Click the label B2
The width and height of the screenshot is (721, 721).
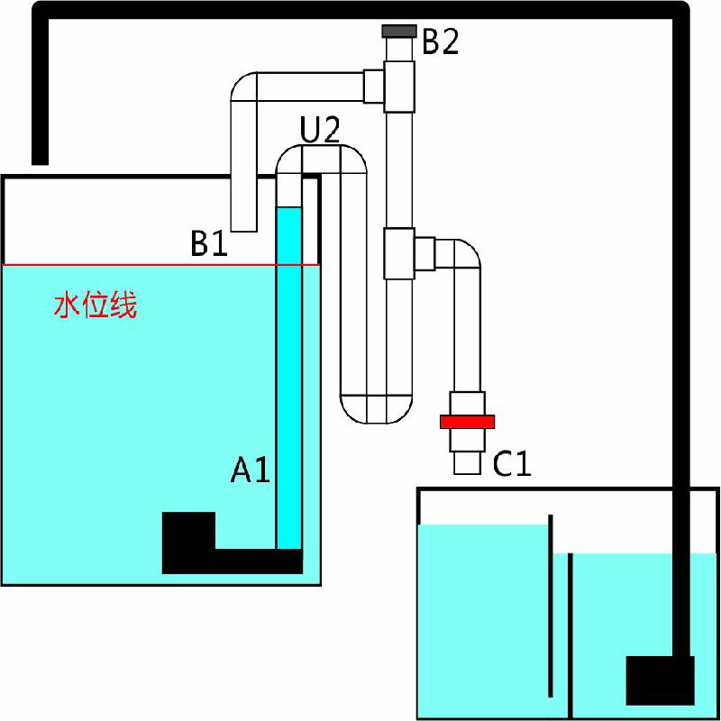pos(440,41)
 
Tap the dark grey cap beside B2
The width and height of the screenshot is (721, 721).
pos(399,31)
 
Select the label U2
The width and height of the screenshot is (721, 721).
pos(320,129)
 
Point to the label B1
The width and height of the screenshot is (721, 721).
pos(209,242)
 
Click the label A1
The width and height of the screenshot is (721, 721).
pos(250,469)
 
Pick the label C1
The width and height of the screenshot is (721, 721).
pos(512,463)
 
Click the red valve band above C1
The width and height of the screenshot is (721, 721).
pos(467,422)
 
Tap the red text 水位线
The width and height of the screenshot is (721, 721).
pos(96,305)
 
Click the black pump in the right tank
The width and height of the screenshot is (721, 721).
pos(661,680)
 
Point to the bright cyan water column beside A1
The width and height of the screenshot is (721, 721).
pos(289,378)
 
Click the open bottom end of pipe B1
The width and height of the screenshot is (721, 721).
pos(243,231)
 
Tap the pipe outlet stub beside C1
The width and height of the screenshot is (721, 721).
pos(467,463)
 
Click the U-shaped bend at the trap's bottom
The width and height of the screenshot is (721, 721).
pos(376,409)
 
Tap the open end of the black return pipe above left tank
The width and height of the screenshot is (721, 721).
pos(40,163)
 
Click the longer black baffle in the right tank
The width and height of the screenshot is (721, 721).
pos(551,606)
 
